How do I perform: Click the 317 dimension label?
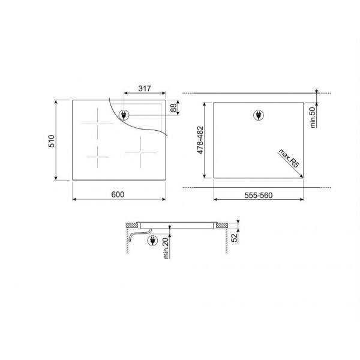145,88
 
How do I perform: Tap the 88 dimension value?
173,107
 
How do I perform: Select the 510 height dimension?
52,141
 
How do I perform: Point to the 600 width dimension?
118,194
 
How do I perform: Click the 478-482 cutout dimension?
200,140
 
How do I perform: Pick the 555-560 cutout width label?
258,196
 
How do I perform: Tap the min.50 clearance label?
313,118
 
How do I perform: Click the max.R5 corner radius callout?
289,158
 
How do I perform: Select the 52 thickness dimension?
234,238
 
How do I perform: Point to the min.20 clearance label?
166,248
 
